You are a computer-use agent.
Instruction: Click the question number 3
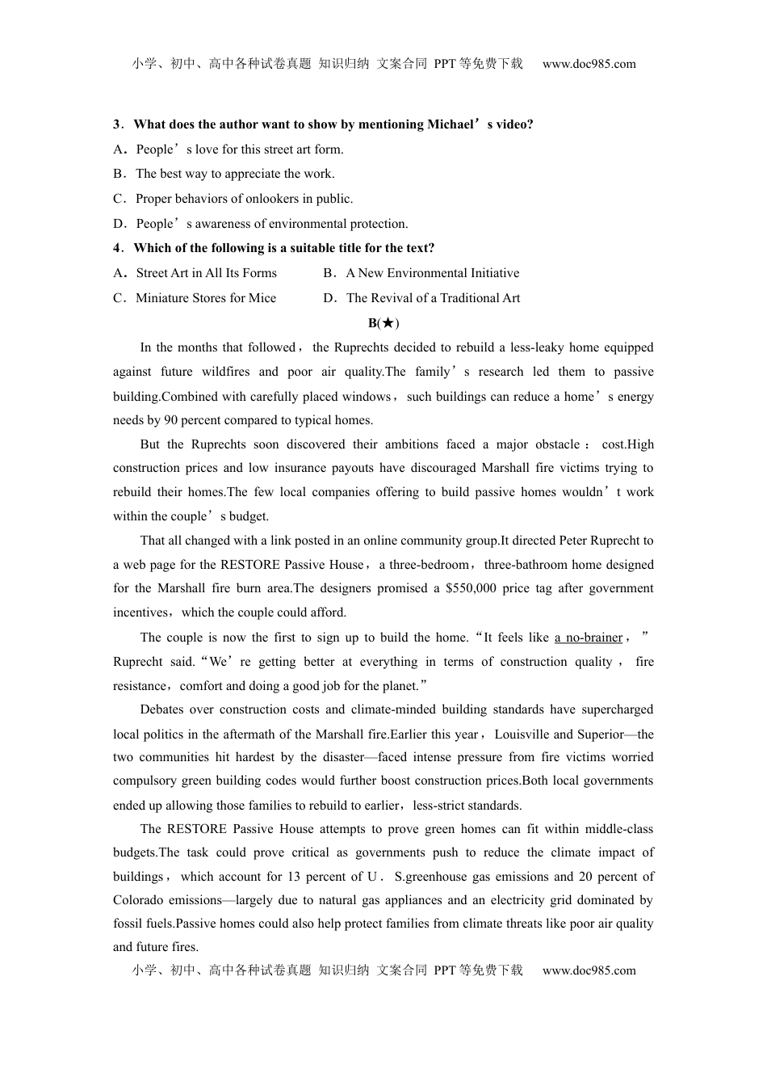[x=117, y=124]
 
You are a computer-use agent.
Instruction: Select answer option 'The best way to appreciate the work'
[x=234, y=174]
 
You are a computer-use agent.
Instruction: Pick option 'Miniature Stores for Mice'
[x=205, y=298]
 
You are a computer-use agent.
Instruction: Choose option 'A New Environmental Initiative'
[x=432, y=273]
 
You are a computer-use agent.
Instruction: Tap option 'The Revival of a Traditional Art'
[x=433, y=298]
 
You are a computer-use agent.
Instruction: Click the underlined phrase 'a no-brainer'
[x=589, y=638]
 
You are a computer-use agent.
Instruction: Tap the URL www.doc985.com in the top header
[x=589, y=64]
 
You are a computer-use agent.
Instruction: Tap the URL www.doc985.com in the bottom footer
[x=589, y=970]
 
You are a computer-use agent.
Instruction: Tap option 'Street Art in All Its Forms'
[x=206, y=273]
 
